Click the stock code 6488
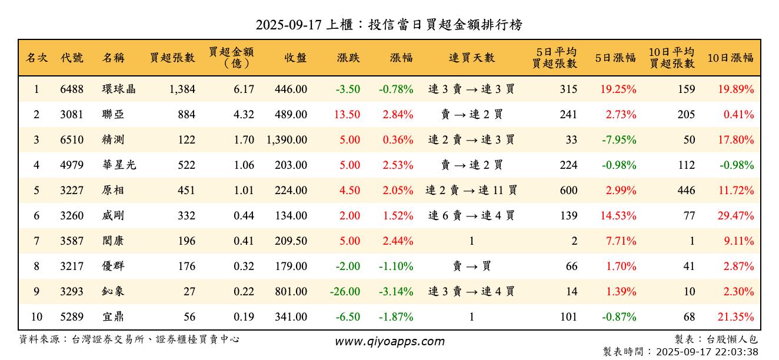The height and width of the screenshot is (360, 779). pyautogui.click(x=72, y=89)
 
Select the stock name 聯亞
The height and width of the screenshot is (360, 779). pyautogui.click(x=113, y=115)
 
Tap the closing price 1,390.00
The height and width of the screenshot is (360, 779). pyautogui.click(x=287, y=140)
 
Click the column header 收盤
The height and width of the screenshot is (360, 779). pyautogui.click(x=295, y=58)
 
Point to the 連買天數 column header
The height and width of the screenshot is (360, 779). pyautogui.click(x=472, y=58)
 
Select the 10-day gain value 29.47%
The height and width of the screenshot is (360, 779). pyautogui.click(x=735, y=216)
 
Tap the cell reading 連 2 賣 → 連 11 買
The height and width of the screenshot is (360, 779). pyautogui.click(x=472, y=191)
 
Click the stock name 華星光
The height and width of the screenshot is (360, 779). pyautogui.click(x=119, y=165)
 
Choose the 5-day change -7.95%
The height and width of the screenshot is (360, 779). pyautogui.click(x=618, y=140)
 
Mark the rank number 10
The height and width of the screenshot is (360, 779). pyautogui.click(x=36, y=317)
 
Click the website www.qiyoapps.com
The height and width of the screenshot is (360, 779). pyautogui.click(x=389, y=342)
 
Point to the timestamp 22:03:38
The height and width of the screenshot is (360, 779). pyautogui.click(x=736, y=352)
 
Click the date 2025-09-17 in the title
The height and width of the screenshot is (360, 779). pyautogui.click(x=288, y=25)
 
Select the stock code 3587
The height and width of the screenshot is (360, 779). pyautogui.click(x=72, y=241)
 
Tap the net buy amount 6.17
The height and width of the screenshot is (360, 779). pyautogui.click(x=244, y=89)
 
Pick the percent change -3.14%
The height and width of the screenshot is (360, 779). pyautogui.click(x=396, y=292)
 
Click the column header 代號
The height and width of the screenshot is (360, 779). pyautogui.click(x=72, y=58)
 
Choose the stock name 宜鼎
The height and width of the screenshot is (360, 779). pyautogui.click(x=113, y=317)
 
